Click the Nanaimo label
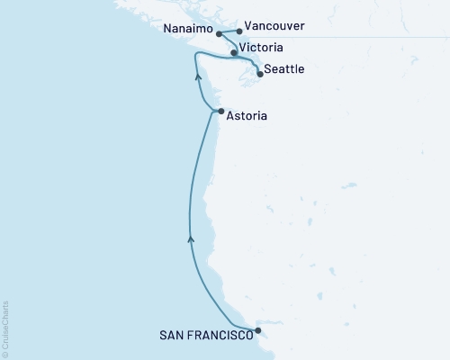point(188,30)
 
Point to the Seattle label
point(285,69)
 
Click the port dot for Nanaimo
point(220,33)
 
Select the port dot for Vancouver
point(239,31)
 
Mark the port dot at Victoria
point(234,53)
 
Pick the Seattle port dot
point(260,74)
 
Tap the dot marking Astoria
point(221,112)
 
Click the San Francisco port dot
point(259,330)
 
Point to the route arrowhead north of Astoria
point(196,78)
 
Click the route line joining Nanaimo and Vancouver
point(230,32)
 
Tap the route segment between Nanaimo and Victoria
point(226,43)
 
